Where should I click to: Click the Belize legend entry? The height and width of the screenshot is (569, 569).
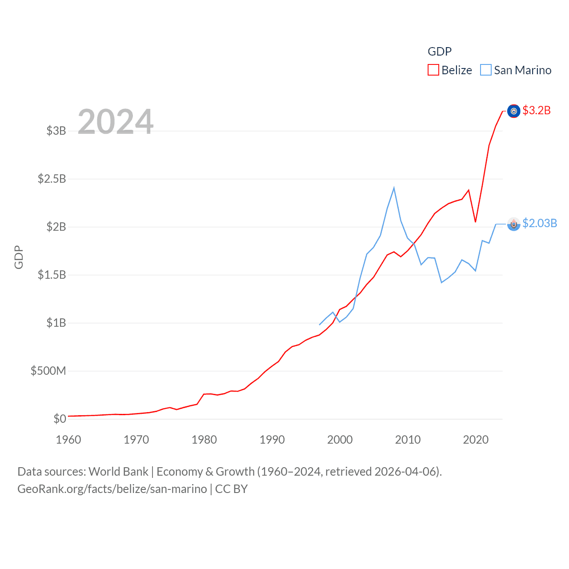450,70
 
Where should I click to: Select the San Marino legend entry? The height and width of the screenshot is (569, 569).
516,70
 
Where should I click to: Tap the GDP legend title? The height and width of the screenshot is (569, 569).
440,52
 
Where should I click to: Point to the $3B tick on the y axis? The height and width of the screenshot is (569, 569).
56,131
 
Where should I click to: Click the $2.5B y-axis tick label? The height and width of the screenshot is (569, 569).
52,179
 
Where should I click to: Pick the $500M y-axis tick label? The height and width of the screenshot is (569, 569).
48,371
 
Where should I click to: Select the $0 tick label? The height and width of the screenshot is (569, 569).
60,419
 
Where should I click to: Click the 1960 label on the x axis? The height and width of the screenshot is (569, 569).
68,440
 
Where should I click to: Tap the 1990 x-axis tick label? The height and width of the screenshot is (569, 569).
272,440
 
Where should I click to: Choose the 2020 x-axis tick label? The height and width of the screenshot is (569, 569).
476,440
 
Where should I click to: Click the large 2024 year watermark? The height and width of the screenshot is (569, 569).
116,122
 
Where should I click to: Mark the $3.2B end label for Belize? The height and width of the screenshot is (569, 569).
537,110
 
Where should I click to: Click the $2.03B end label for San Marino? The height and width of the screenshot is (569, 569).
540,223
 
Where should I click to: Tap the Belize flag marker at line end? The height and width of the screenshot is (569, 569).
514,111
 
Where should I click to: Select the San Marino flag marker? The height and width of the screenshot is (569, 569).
514,224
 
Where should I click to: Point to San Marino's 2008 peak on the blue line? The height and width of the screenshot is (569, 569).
394,188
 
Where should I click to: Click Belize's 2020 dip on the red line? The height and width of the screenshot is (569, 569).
476,222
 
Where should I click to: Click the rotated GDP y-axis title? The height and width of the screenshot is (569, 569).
19,257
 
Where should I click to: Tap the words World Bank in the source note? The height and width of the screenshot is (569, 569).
119,472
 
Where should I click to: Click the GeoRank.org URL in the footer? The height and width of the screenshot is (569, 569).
112,489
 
